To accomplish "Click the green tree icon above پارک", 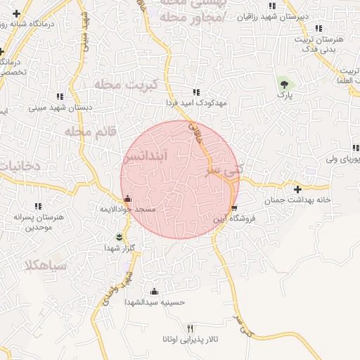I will coord(285,83).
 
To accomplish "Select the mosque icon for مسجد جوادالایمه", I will coord(127,199).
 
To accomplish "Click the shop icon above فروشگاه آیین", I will coord(234,208).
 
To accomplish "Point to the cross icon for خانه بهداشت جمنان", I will coord(298,189).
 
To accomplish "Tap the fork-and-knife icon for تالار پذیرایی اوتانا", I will coord(189,329).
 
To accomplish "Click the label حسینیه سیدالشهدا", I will coord(154,302).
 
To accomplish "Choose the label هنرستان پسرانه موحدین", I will coord(39,222).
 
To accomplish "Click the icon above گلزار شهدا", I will coord(119,236).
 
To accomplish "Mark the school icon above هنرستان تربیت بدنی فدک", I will coord(319,29).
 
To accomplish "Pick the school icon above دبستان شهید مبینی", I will coord(59,96).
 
